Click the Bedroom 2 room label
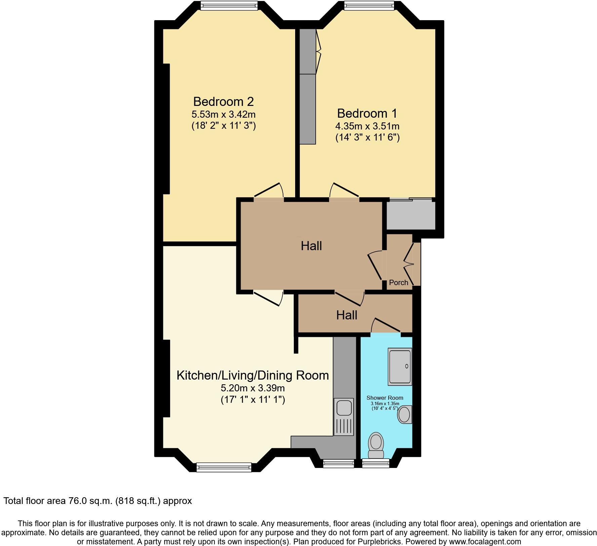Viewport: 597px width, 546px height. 223,101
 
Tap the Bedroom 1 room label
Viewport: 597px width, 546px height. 367,113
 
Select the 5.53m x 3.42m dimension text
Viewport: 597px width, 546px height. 224,114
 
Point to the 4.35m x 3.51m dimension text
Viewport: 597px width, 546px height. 367,126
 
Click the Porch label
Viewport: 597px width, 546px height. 398,282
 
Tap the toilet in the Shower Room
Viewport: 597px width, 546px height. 376,444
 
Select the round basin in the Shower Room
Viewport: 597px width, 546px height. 404,415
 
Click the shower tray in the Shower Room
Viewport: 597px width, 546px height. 400,366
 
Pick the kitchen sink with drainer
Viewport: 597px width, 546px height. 344,417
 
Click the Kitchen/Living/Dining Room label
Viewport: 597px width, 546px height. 252,375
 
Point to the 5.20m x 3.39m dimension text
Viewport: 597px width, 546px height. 252,388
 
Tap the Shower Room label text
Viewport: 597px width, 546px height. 385,398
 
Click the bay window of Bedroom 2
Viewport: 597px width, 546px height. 229,5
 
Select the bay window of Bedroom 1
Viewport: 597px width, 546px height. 369,5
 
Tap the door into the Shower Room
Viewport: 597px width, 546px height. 386,325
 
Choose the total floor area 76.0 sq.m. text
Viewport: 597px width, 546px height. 97,501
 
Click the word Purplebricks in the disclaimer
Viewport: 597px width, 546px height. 382,542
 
